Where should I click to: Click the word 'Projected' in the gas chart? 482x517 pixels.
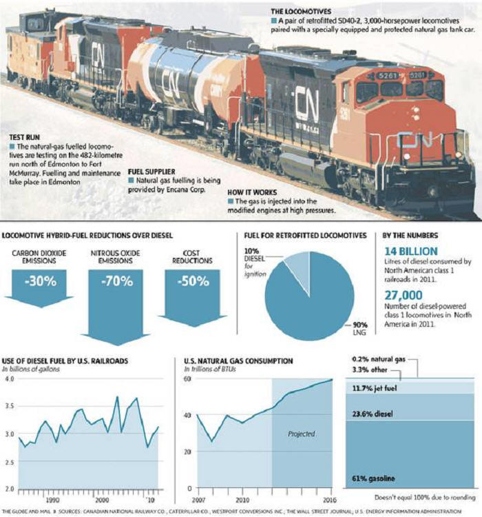(301, 434)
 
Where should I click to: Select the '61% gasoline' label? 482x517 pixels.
(377, 477)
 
